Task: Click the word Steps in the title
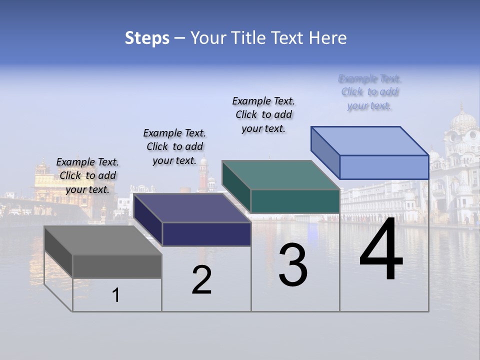pos(147,38)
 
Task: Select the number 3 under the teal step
pos(293,265)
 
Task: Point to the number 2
pos(201,280)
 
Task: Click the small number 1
pos(116,295)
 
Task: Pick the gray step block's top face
pos(102,240)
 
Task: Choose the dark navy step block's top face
pos(192,208)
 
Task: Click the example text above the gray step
pos(87,175)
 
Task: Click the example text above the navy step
pos(174,146)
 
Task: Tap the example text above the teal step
pos(263,114)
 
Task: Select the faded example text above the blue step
pos(370,92)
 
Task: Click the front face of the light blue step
pos(384,167)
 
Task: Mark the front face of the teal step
pos(295,201)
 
